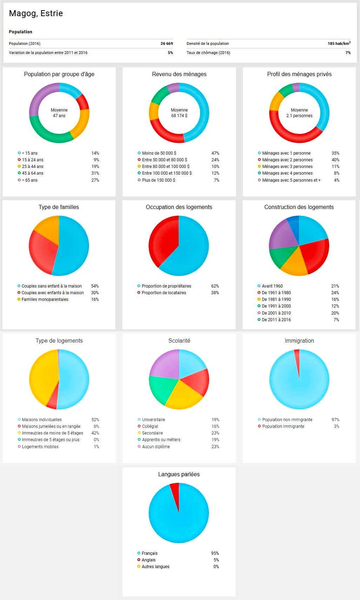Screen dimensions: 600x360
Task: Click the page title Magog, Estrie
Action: click(36, 13)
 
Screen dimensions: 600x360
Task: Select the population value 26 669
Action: click(167, 43)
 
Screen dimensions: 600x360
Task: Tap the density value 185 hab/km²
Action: click(339, 43)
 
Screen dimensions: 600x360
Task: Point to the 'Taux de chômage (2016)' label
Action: click(208, 53)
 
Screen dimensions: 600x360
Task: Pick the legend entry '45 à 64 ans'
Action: click(33, 173)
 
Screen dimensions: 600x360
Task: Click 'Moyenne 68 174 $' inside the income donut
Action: click(179, 113)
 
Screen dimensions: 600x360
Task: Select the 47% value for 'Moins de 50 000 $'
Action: click(215, 153)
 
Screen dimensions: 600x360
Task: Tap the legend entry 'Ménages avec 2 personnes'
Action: click(287, 160)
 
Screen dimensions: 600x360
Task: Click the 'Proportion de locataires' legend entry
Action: click(164, 293)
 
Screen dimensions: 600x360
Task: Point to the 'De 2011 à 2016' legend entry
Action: click(276, 320)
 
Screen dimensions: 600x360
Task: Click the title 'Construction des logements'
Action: click(299, 207)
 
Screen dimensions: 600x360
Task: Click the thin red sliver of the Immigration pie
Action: click(297, 358)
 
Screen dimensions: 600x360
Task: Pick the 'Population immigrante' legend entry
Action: click(283, 426)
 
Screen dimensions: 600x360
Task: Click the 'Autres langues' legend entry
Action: click(155, 567)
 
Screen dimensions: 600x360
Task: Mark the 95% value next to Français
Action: click(215, 553)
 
